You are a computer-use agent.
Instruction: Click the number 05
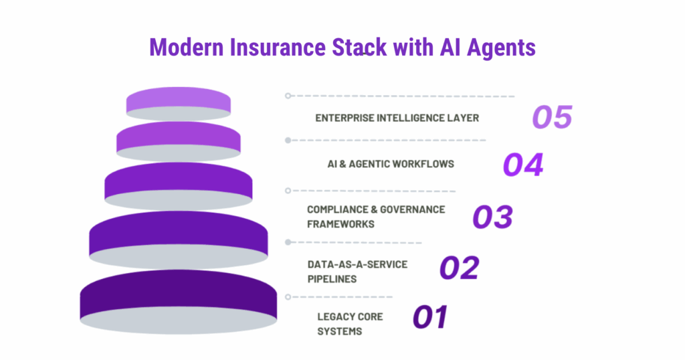coord(552,117)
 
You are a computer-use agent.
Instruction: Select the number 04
coord(523,165)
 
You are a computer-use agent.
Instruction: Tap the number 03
coord(493,216)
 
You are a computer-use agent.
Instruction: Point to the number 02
coord(459,268)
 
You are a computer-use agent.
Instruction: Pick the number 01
coord(429,317)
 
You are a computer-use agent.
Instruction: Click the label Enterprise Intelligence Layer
coord(397,118)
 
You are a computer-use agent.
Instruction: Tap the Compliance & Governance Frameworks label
coord(376,216)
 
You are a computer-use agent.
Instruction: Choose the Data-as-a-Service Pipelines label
coord(357,271)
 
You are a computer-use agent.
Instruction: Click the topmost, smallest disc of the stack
coord(179,101)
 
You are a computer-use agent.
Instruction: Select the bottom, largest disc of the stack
coord(178,301)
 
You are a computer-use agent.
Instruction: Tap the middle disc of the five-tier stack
coord(178,181)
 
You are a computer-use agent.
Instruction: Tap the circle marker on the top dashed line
coord(288,96)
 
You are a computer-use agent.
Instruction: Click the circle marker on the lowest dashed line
coord(288,296)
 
